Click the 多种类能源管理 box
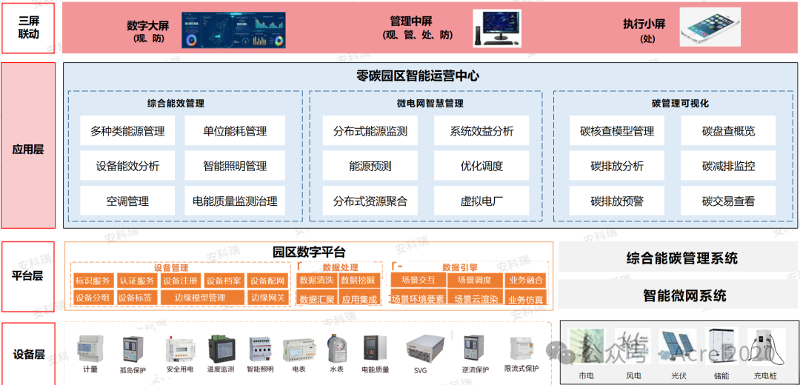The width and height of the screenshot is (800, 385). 127,131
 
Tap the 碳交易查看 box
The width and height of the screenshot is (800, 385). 728,201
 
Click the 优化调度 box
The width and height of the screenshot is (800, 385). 481,166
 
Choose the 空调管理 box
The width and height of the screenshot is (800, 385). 127,201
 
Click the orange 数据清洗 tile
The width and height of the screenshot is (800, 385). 316,281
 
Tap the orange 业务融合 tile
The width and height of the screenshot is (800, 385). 526,281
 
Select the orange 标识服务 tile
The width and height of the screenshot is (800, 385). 93,281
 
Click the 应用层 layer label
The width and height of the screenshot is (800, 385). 28,149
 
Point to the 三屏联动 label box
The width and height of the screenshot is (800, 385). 28,28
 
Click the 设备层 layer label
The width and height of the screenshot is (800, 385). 28,354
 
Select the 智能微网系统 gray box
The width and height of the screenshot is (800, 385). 678,295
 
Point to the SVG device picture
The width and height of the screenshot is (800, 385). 420,348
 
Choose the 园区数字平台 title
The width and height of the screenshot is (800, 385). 309,252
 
